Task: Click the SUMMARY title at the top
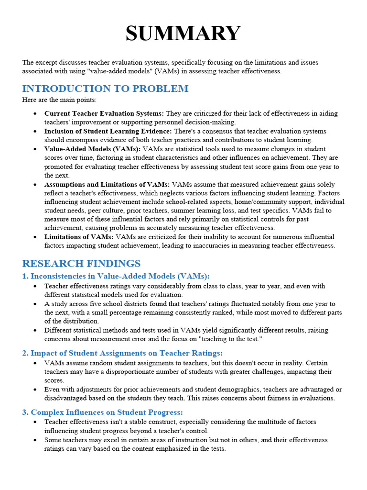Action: [x=183, y=34]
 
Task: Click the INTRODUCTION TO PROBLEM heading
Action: [x=105, y=89]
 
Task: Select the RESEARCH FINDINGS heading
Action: [x=81, y=264]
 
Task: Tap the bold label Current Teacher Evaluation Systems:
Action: [x=104, y=113]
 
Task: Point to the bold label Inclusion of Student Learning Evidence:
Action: [x=108, y=131]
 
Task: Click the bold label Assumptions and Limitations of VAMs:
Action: [x=107, y=184]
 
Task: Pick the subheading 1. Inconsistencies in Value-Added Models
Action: [x=116, y=276]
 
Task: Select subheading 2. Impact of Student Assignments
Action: [x=122, y=353]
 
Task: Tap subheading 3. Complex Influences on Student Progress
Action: [x=103, y=412]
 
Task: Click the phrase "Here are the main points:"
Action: [x=59, y=100]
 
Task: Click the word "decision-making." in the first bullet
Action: [x=216, y=122]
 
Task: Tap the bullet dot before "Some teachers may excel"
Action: [x=36, y=440]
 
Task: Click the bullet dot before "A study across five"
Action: [x=36, y=304]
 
